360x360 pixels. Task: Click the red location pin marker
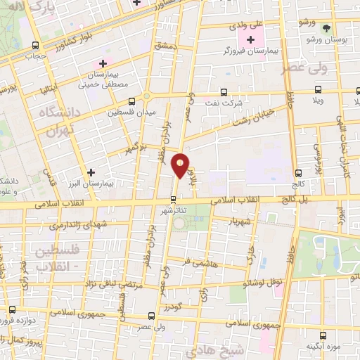click(x=181, y=165)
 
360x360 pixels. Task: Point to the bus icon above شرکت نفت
click(x=224, y=91)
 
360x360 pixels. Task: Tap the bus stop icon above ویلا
click(x=318, y=89)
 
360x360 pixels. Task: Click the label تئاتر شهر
click(x=173, y=210)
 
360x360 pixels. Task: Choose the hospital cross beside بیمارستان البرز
click(x=90, y=172)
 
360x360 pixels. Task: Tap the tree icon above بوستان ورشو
click(x=326, y=28)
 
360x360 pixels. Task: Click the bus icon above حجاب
click(x=32, y=42)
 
